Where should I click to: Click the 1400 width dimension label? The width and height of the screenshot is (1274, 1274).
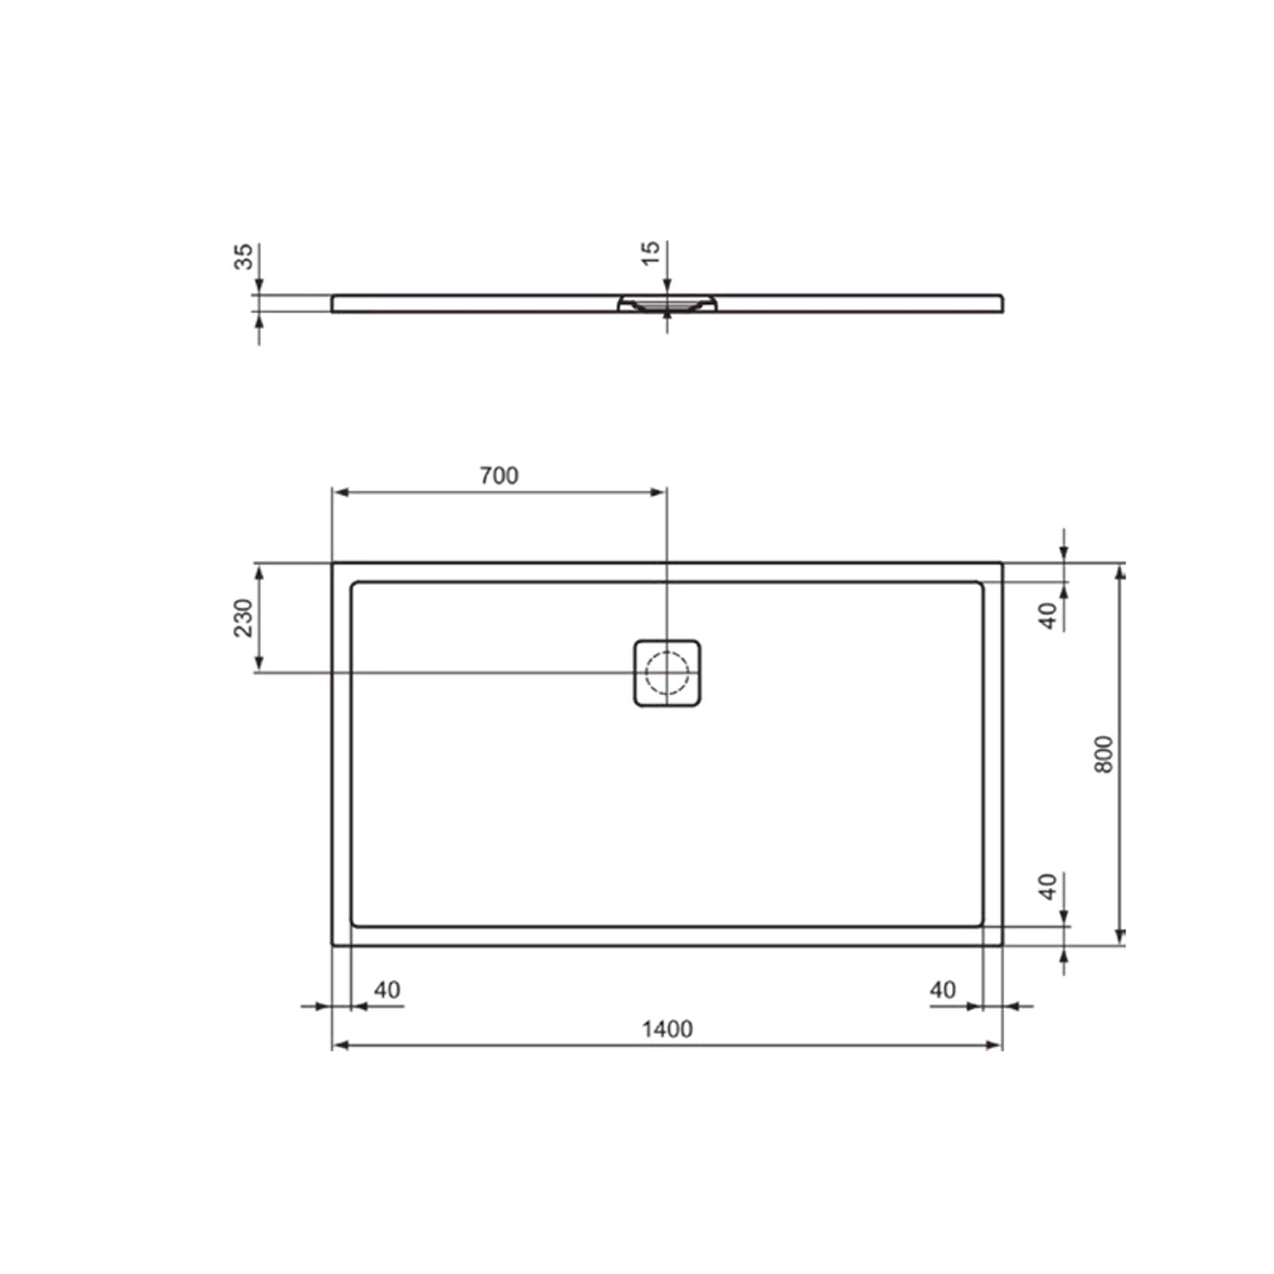point(667,1029)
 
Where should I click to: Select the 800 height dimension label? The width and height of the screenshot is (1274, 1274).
point(1103,755)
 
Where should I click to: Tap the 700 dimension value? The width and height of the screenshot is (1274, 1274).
point(499,476)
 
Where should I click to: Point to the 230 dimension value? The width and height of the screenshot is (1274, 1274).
point(243,618)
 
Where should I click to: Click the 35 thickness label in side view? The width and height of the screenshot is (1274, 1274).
point(243,256)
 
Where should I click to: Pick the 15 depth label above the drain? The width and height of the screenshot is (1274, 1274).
point(651,253)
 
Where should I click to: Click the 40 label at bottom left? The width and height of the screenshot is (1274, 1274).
point(387,990)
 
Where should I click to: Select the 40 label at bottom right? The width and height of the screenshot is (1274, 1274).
point(943,990)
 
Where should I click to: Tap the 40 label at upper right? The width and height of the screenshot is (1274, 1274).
point(1048,615)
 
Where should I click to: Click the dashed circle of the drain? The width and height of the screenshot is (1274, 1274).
point(666,672)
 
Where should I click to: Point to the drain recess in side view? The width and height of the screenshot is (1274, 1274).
point(666,304)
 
